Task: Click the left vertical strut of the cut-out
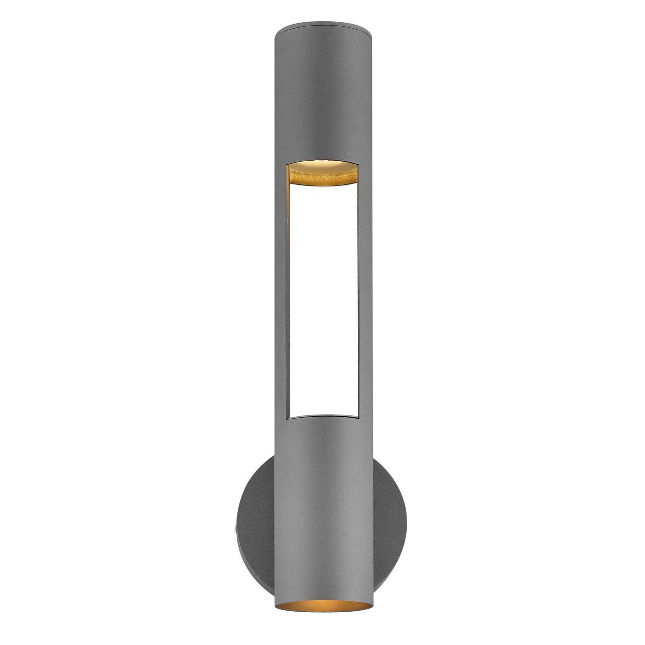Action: (x=281, y=292)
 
